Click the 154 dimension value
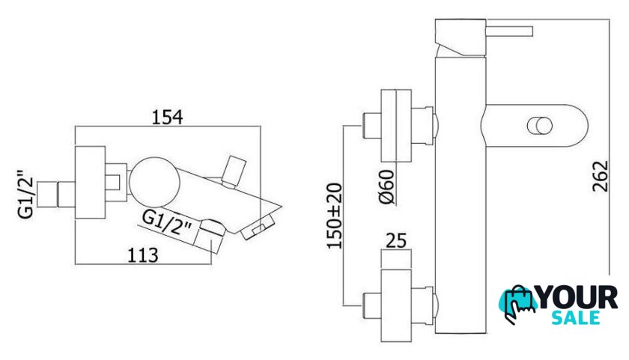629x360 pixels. coord(167,118)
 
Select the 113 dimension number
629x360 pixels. coord(143,256)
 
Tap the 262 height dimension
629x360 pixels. coord(601,177)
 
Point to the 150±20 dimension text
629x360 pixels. coord(334,216)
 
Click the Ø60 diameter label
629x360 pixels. coord(386,187)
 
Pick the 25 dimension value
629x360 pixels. coord(396,240)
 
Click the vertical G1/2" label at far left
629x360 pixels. coord(26,195)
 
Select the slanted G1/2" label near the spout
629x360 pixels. coord(168,223)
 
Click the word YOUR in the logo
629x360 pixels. coord(577,298)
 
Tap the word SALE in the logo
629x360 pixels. coord(576,318)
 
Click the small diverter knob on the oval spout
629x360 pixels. coord(540,126)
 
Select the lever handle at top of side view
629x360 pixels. coord(509,31)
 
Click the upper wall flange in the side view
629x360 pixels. coord(396,126)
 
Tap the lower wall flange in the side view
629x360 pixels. coord(396,306)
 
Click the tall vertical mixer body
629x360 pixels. coord(461,195)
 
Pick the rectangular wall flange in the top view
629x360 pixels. coord(91,183)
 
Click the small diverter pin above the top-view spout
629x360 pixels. coord(234,171)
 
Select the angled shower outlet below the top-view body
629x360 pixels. coord(209,236)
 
